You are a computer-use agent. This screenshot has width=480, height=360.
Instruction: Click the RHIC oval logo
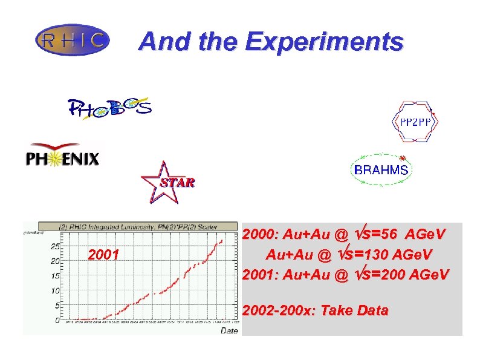[73, 41]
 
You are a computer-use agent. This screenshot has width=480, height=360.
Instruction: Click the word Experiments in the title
[323, 42]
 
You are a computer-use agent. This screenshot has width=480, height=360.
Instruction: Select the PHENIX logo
[62, 157]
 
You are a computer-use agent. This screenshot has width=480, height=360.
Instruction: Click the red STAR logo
[167, 181]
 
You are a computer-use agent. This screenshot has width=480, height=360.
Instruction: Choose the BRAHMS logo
[381, 170]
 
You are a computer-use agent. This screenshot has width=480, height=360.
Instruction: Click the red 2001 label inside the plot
[103, 254]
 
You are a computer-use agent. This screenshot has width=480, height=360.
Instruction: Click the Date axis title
[229, 331]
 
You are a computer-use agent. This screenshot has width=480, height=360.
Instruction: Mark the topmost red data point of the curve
[222, 240]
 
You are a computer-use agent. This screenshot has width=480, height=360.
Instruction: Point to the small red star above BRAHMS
[401, 158]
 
